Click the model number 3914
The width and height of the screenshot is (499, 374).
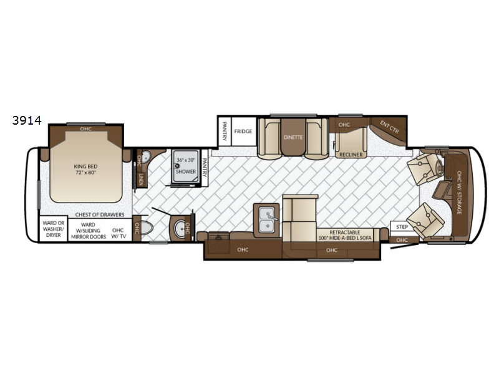click(27, 120)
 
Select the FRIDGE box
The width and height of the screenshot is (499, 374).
click(243, 132)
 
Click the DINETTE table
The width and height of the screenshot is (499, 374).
click(293, 137)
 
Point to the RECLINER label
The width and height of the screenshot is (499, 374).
click(351, 155)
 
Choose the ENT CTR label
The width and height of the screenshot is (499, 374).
click(389, 127)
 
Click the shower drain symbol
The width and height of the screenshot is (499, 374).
click(178, 166)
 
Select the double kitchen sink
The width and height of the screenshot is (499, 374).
click(267, 220)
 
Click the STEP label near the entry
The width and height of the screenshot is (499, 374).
click(402, 227)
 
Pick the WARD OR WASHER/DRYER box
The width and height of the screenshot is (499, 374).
click(54, 229)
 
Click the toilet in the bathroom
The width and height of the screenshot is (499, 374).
click(146, 228)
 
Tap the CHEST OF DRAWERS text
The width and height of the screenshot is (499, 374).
click(100, 214)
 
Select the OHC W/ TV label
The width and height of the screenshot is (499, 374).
click(118, 233)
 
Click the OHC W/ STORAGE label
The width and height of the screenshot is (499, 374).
click(459, 193)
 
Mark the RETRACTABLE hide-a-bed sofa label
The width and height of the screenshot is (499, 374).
click(345, 235)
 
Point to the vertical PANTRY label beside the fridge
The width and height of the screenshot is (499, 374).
click(225, 131)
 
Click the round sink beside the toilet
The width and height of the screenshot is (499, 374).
click(181, 229)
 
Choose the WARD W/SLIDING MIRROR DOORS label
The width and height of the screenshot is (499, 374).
click(89, 231)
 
